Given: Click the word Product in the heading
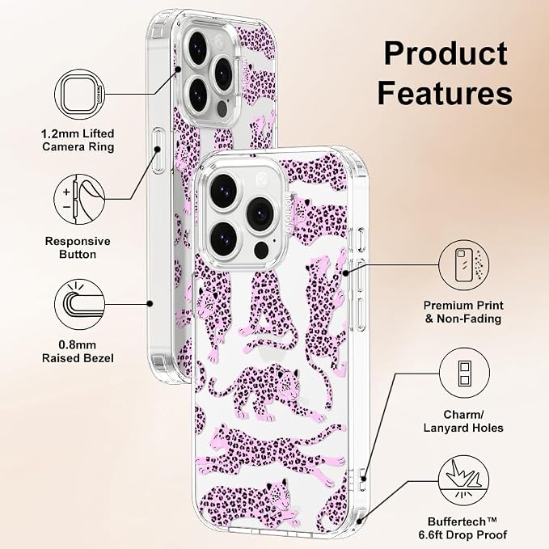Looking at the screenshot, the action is [x=446, y=53].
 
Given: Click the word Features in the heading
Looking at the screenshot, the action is [x=445, y=92].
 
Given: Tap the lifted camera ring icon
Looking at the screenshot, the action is [x=80, y=95].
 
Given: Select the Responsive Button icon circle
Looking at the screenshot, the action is [x=79, y=200].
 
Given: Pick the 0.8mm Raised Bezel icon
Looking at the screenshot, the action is [x=80, y=304].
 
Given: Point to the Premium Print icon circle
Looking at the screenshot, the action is [x=463, y=265].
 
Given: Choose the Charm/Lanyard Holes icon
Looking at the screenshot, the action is [x=464, y=373].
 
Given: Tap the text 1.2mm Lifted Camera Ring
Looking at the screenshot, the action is [x=78, y=140].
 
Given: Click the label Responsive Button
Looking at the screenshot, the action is [x=78, y=247].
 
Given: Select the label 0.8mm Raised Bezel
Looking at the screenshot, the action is [x=78, y=352].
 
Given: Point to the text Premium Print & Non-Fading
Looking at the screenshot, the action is [x=463, y=312].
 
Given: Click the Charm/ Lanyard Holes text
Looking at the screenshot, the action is [x=463, y=421].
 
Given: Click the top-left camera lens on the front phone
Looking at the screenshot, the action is [x=223, y=191].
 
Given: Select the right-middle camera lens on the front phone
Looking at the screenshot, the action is [x=260, y=214].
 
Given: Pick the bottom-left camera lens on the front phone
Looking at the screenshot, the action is [x=224, y=238].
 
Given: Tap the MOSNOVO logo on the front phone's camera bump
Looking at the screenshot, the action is [x=289, y=213].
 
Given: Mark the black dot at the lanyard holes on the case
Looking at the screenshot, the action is [x=364, y=479].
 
